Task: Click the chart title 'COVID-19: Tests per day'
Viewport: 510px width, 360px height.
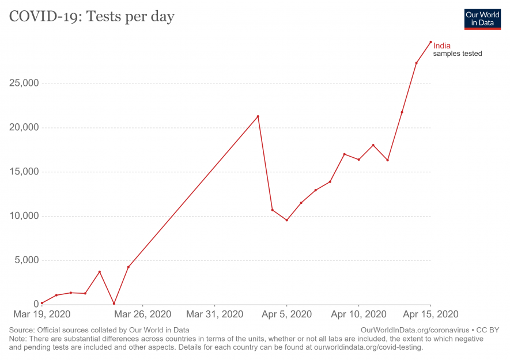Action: pyautogui.click(x=91, y=17)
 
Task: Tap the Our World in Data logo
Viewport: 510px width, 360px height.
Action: pyautogui.click(x=482, y=19)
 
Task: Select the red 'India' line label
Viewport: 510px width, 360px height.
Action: pyautogui.click(x=442, y=46)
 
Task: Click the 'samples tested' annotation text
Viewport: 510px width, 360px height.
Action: pyautogui.click(x=458, y=54)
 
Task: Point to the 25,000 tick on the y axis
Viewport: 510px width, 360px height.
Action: pyautogui.click(x=24, y=83)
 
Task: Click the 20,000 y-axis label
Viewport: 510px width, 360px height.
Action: pyautogui.click(x=24, y=127)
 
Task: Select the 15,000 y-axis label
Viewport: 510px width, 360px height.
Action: pyautogui.click(x=24, y=172)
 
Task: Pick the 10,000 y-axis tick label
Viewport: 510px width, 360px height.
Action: pyautogui.click(x=24, y=216)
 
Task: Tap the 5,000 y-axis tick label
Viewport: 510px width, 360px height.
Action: pyautogui.click(x=26, y=260)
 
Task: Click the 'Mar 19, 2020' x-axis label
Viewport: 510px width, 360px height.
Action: pyautogui.click(x=41, y=314)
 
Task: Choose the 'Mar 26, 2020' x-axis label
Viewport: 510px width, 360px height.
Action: pyautogui.click(x=143, y=314)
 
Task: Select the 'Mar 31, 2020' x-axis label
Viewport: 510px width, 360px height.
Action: pyautogui.click(x=214, y=314)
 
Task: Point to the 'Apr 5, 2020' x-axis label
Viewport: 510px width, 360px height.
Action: pyautogui.click(x=286, y=314)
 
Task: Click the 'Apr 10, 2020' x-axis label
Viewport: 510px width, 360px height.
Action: pyautogui.click(x=358, y=314)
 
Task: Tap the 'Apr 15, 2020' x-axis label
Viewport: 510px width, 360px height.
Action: pyautogui.click(x=430, y=314)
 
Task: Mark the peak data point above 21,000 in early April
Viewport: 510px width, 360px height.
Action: pyautogui.click(x=258, y=116)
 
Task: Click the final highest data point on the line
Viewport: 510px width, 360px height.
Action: pyautogui.click(x=430, y=41)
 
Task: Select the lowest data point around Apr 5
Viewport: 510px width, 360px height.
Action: pyautogui.click(x=286, y=220)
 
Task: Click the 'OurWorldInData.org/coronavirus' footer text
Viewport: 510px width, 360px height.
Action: pyautogui.click(x=414, y=330)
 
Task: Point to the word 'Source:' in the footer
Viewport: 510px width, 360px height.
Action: pyautogui.click(x=22, y=330)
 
